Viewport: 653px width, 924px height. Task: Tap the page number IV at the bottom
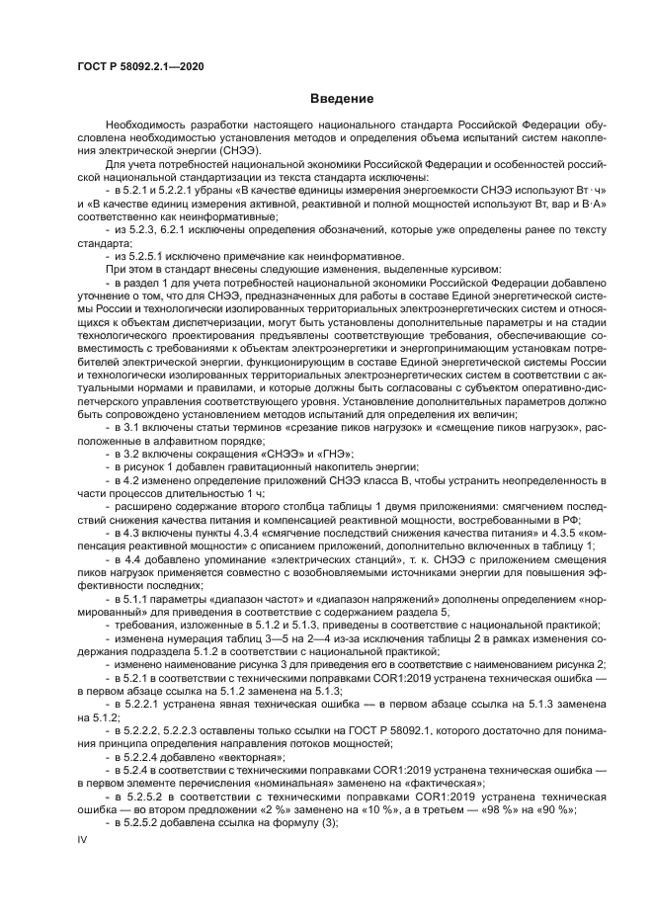click(83, 837)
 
